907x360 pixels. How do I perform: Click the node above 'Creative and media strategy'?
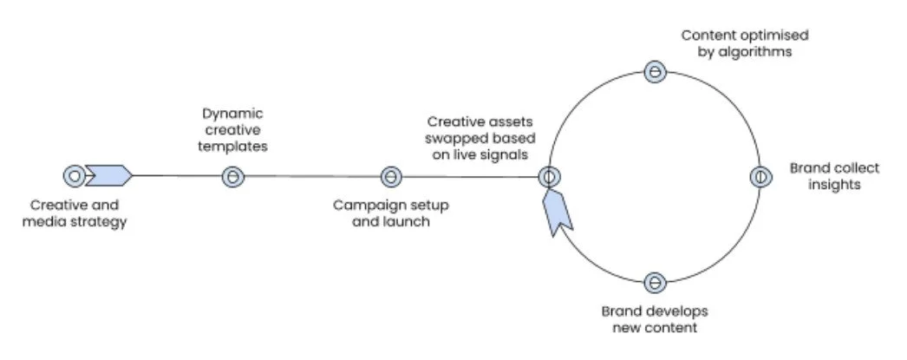tap(75, 176)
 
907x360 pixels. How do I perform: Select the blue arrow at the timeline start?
tap(110, 176)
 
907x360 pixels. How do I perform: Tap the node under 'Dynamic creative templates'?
tap(232, 177)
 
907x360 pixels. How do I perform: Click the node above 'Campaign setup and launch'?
tap(391, 177)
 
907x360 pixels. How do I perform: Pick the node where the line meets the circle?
tap(547, 177)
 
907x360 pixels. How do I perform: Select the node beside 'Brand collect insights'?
tap(759, 177)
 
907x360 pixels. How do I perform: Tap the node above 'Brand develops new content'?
tap(656, 282)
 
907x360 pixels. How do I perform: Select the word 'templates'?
tap(233, 147)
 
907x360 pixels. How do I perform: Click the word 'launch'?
tap(411, 222)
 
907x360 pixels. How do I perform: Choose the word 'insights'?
tap(825, 184)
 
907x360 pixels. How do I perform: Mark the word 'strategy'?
tap(101, 222)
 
